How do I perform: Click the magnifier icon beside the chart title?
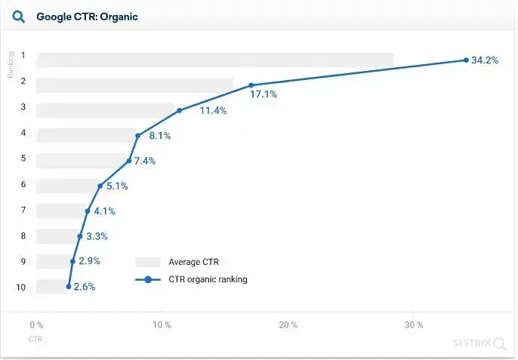[x=19, y=17]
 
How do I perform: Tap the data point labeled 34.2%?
[x=466, y=60]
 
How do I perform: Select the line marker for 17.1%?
[x=251, y=85]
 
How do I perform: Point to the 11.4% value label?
[x=213, y=111]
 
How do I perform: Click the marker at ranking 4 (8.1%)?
[x=138, y=136]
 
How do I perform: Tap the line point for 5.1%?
[x=100, y=186]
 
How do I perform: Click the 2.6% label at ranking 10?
[x=85, y=287]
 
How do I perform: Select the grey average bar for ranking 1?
[x=215, y=60]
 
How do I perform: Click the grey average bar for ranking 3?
[x=106, y=110]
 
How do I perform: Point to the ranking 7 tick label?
[x=23, y=210]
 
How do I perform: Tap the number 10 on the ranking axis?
[x=21, y=287]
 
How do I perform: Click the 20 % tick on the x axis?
[x=288, y=325]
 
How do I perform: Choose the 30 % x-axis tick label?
[x=413, y=325]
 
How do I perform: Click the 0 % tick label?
[x=35, y=325]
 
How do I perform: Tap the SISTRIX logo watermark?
[x=479, y=343]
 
